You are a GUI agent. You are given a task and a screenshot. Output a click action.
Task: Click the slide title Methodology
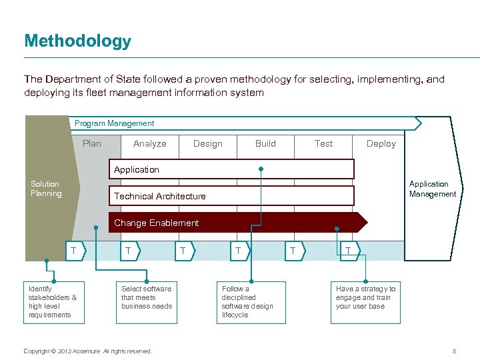(x=77, y=41)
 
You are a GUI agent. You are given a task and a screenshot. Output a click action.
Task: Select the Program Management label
(x=114, y=123)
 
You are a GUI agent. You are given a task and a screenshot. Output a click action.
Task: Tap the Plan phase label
(x=92, y=143)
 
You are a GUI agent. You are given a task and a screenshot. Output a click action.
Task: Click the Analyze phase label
(x=149, y=143)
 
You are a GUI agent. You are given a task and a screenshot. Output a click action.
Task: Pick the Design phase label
(x=207, y=143)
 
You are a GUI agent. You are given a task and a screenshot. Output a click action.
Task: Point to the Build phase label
(x=265, y=143)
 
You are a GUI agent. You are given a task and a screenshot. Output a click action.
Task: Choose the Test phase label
(x=323, y=143)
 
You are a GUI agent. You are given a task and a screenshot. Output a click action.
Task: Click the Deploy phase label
(x=381, y=143)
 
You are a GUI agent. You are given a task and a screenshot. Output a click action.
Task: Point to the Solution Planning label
(x=45, y=189)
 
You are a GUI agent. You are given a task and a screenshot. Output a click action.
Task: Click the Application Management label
(x=432, y=189)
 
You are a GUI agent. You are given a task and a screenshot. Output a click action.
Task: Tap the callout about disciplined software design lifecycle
(x=252, y=302)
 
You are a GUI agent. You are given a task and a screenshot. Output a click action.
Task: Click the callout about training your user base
(x=366, y=298)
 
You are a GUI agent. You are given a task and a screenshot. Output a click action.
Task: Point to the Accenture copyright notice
(x=87, y=351)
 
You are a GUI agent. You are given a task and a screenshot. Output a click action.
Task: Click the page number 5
(x=454, y=351)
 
